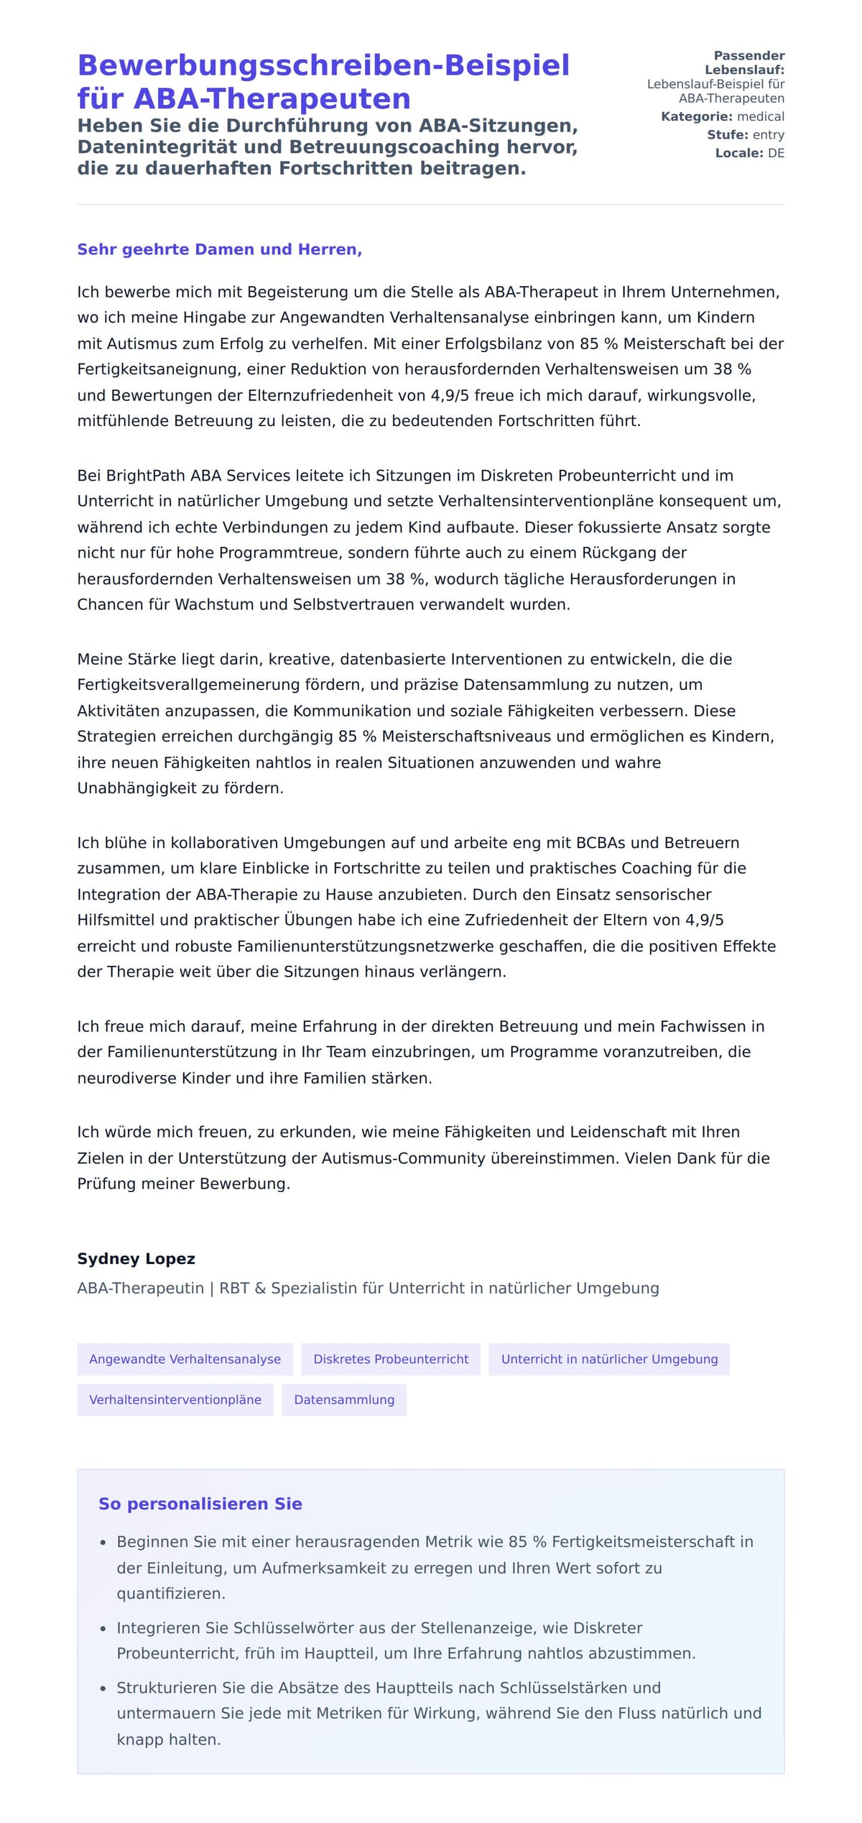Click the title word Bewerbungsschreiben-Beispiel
(x=323, y=65)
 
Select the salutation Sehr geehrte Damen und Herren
(x=219, y=249)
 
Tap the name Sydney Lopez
(x=136, y=1258)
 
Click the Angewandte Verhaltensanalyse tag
(x=185, y=1359)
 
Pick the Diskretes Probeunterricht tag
(x=391, y=1359)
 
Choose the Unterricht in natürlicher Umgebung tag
(x=609, y=1359)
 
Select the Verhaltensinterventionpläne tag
(x=175, y=1399)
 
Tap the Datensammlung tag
(x=344, y=1399)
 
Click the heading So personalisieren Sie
(x=200, y=1503)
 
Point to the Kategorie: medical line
(x=722, y=116)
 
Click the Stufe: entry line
(x=745, y=134)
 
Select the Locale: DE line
(x=749, y=153)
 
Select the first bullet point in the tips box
(x=435, y=1567)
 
